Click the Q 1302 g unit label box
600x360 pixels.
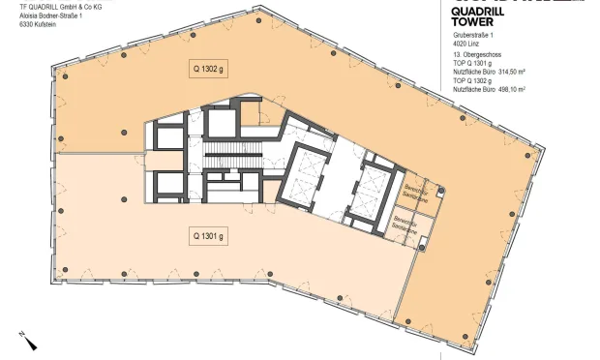click(207, 68)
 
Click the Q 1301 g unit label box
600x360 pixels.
click(207, 235)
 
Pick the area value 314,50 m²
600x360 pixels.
click(512, 73)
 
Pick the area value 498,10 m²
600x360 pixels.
click(512, 89)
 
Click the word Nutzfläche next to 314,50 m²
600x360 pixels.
click(467, 73)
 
